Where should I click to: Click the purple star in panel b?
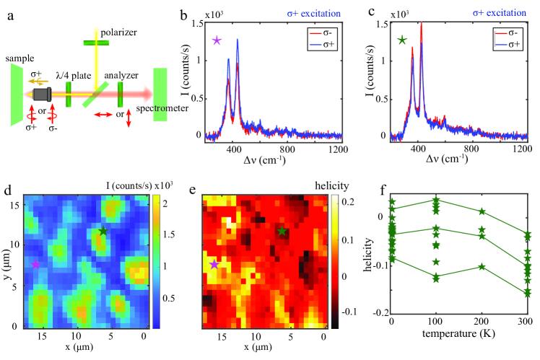(x=216, y=40)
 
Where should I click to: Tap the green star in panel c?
(x=401, y=40)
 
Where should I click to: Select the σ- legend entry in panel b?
(x=321, y=33)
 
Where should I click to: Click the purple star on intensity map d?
(x=35, y=264)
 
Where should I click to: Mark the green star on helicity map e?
(x=282, y=232)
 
